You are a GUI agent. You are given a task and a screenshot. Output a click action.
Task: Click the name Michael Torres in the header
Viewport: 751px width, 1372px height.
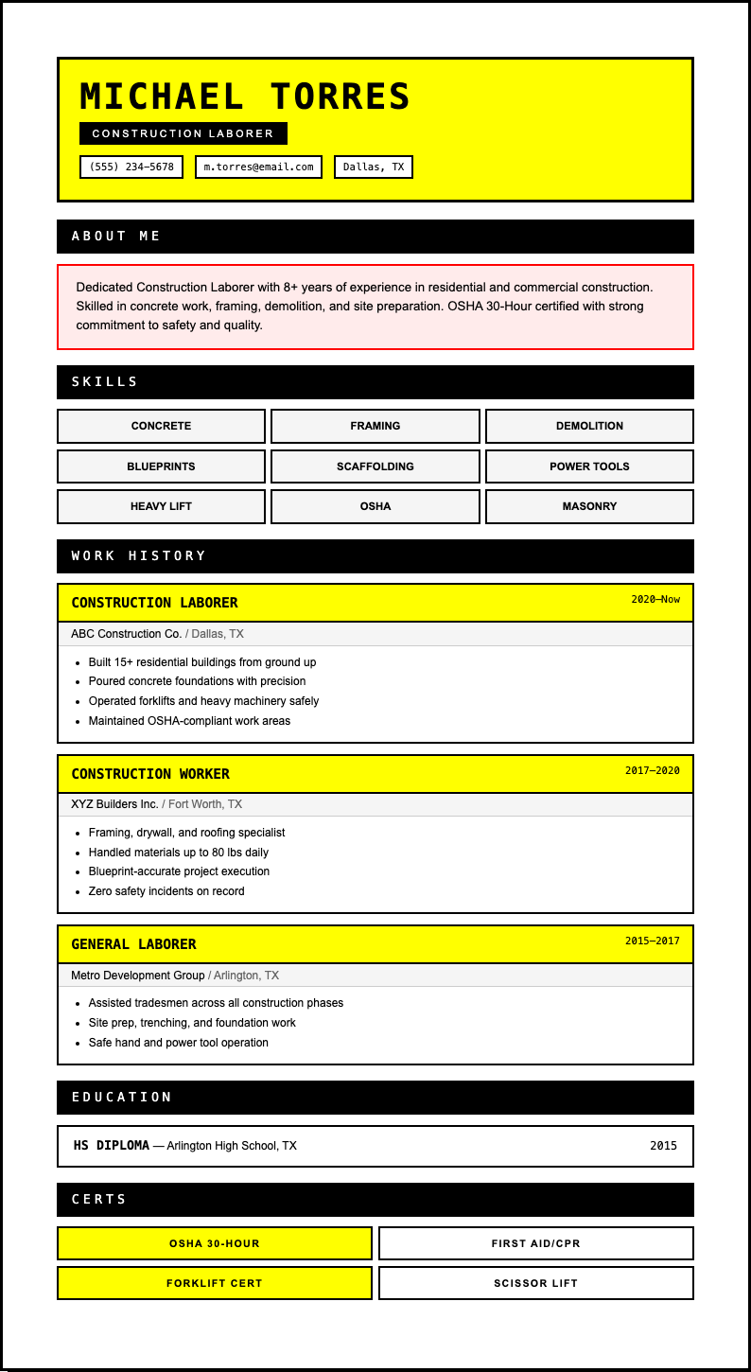[245, 97]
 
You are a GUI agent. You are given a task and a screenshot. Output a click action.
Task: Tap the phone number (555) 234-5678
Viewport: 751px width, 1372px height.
[131, 167]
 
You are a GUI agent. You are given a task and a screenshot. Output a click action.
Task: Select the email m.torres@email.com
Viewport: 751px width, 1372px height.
[258, 167]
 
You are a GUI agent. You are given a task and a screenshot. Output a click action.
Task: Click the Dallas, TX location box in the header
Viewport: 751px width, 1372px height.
[374, 167]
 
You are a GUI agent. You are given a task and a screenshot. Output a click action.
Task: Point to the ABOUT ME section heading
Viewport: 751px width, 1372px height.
[116, 237]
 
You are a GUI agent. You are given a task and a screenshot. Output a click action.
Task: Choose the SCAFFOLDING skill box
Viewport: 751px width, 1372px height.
[375, 466]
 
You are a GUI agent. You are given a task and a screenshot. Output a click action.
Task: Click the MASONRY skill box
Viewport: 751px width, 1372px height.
[589, 506]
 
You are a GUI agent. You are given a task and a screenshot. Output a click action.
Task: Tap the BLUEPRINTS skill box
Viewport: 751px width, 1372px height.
[161, 466]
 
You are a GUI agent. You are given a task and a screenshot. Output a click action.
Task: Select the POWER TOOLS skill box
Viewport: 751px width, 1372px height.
[589, 466]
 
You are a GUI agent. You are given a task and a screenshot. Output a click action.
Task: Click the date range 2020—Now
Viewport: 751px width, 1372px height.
[655, 599]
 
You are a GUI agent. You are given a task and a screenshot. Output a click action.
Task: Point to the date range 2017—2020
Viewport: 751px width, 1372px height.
[652, 770]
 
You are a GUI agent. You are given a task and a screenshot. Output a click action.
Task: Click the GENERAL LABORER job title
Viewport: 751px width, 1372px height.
[133, 944]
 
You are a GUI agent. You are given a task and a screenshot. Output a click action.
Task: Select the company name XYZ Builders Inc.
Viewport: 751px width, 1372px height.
[114, 804]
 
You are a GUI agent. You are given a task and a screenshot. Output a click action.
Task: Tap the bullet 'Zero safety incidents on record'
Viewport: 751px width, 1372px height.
[166, 891]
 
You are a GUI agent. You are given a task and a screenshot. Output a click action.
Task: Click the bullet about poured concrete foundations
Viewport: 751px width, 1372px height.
[197, 681]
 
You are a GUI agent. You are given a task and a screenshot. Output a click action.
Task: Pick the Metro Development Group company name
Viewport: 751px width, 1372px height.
[138, 976]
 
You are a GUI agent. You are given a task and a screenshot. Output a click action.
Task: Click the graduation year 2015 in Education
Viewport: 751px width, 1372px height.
[663, 1146]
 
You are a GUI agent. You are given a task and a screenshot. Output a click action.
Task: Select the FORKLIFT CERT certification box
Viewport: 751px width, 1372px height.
[215, 1283]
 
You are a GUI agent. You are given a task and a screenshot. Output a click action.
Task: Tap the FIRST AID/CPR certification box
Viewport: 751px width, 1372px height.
[536, 1243]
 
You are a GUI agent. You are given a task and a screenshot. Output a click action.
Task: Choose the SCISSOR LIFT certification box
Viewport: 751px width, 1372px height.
[536, 1283]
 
